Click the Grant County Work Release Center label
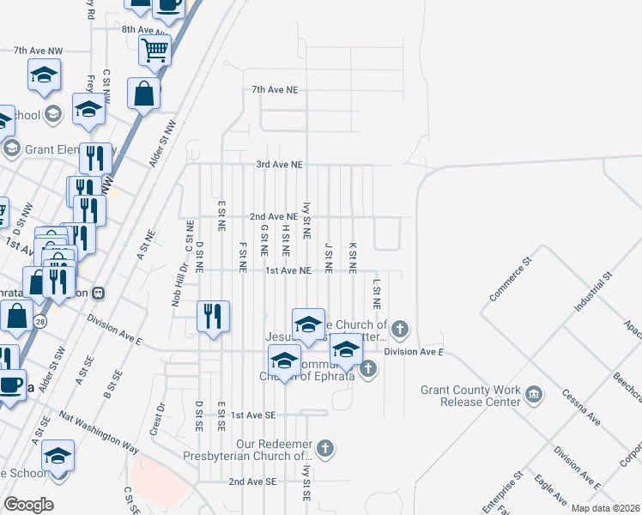tap(470, 396)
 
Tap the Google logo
tap(28, 505)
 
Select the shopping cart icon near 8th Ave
tap(155, 50)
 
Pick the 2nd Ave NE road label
tap(273, 217)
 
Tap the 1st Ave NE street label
tap(287, 270)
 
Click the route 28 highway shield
tap(40, 320)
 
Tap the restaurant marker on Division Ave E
tap(212, 317)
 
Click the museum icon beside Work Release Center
tap(535, 394)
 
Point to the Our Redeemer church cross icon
tap(324, 447)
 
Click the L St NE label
tap(376, 294)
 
